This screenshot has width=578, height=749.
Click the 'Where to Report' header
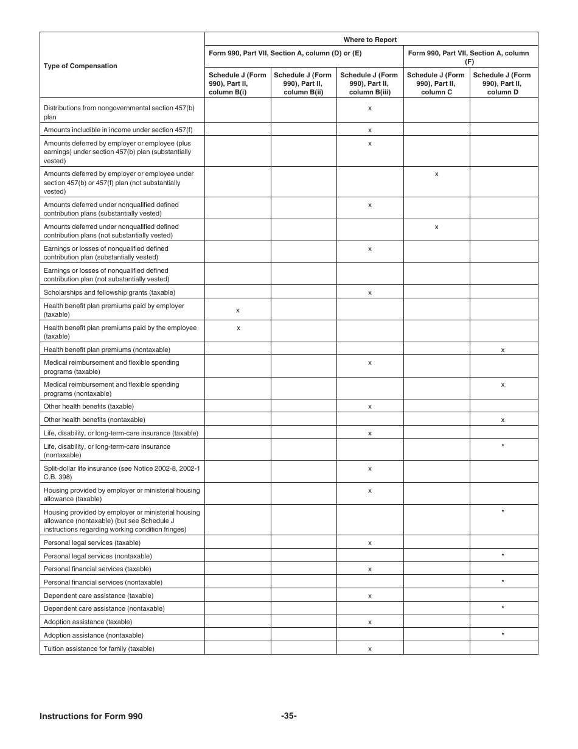pyautogui.click(x=370, y=40)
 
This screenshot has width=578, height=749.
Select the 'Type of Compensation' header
pyautogui.click(x=80, y=66)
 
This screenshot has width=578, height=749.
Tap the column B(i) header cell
pyautogui.click(x=237, y=83)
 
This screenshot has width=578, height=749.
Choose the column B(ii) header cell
pyautogui.click(x=303, y=83)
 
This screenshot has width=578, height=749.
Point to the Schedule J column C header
pyautogui.click(x=436, y=83)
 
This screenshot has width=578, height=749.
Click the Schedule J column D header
pyautogui.click(x=503, y=83)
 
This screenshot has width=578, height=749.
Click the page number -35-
pyautogui.click(x=289, y=716)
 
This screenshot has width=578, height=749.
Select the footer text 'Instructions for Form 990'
pyautogui.click(x=91, y=716)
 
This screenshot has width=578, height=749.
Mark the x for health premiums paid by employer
pyautogui.click(x=238, y=311)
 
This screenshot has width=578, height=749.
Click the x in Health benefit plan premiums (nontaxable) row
pyautogui.click(x=503, y=350)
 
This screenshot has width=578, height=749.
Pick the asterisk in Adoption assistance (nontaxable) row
pyautogui.click(x=503, y=635)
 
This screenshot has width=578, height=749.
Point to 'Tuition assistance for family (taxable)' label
pyautogui.click(x=99, y=649)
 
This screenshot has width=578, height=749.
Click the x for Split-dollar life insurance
pyautogui.click(x=370, y=469)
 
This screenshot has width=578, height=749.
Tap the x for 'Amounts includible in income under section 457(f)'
pyautogui.click(x=370, y=130)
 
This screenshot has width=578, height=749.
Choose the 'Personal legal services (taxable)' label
pyautogui.click(x=92, y=543)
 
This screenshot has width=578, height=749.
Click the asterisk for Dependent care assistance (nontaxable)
pyautogui.click(x=503, y=608)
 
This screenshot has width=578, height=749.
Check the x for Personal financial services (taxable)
pyautogui.click(x=370, y=569)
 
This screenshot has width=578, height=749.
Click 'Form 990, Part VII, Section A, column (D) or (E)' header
pyautogui.click(x=285, y=53)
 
